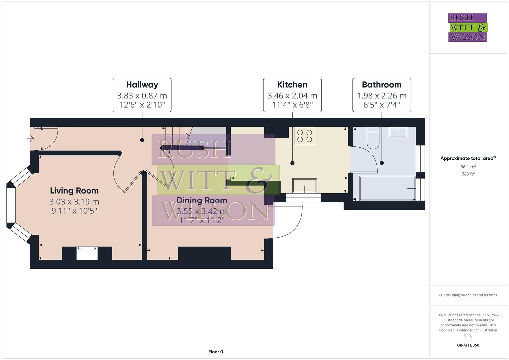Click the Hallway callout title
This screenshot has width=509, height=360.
coord(142,85)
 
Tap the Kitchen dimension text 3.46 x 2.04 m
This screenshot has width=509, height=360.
coord(292,96)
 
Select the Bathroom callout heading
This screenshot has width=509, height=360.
coord(382,85)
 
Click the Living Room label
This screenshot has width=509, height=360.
coord(74,191)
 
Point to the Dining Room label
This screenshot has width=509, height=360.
coord(202,200)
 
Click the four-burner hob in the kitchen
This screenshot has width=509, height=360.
coord(304,136)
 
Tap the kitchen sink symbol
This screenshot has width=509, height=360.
coord(305,186)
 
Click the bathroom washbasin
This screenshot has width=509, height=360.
coord(398,132)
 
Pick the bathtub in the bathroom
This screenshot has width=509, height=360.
coord(384,189)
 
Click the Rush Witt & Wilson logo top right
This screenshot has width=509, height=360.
coord(467,27)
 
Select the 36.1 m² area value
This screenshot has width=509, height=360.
coord(468,167)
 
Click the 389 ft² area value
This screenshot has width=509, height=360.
coord(468,174)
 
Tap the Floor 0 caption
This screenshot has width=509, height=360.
coord(216,352)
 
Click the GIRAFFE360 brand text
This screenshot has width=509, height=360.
coord(468,345)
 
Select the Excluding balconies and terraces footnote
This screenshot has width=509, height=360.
coord(468,295)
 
